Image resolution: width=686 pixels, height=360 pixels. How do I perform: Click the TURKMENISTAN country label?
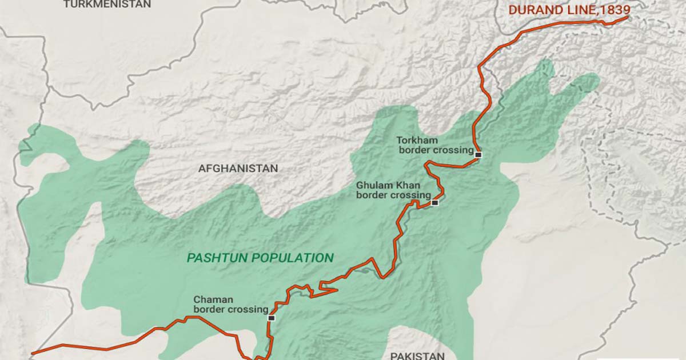pos(107,5)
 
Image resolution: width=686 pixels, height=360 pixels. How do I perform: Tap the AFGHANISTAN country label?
pos(238,169)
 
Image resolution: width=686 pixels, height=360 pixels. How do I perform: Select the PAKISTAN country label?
pos(417,355)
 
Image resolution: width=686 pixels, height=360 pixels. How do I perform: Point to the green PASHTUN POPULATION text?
pos(260,258)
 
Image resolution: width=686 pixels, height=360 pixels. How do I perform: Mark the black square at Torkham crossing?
pos(478,154)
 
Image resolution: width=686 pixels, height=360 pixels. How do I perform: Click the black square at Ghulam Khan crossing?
pos(435,202)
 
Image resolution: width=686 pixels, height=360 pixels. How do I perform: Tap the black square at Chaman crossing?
pos(271,318)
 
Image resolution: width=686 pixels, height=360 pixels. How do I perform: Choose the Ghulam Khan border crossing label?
pos(393,190)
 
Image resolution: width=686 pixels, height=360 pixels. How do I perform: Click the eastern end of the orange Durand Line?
pos(627,17)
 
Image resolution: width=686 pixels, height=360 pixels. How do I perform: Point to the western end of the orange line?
pos(33,353)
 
